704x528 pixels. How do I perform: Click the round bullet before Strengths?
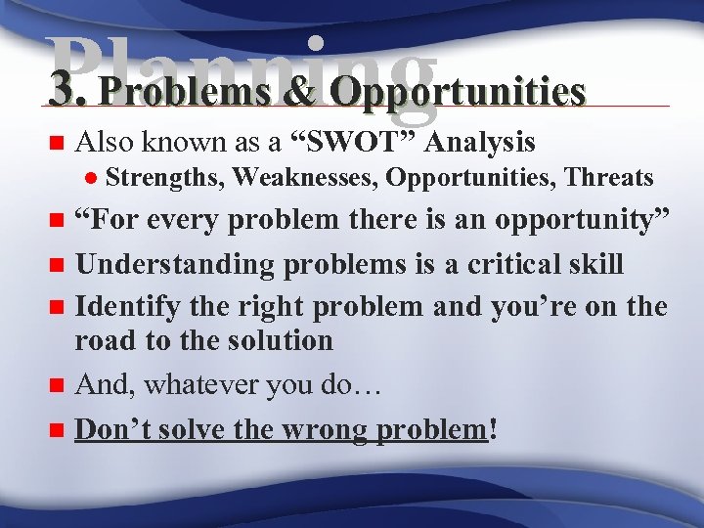89,178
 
